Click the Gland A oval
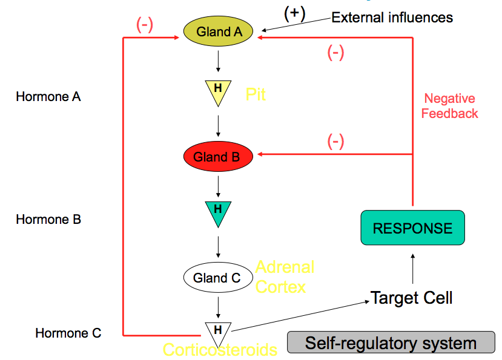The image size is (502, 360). [219, 32]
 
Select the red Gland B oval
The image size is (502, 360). [217, 157]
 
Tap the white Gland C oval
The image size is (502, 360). [217, 278]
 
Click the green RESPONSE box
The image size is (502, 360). [412, 227]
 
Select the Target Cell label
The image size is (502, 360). [412, 298]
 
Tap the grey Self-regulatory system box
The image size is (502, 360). [391, 344]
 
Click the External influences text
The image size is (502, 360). [392, 17]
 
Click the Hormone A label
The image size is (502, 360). [48, 96]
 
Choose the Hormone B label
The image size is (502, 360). [48, 220]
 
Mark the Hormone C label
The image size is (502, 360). [68, 333]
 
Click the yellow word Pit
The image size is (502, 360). [256, 94]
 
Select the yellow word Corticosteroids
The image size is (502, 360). [220, 350]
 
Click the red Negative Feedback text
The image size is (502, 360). [449, 106]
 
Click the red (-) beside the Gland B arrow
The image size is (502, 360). [335, 142]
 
